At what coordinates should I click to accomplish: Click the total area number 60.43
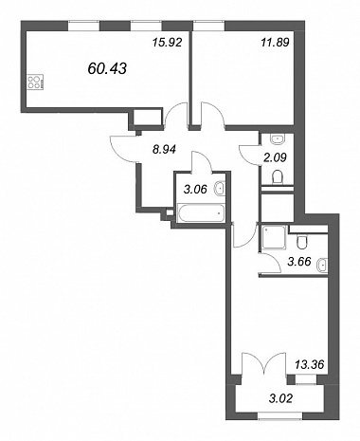[x=107, y=68]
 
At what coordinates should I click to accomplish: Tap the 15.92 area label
[x=168, y=43]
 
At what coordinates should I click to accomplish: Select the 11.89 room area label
[x=275, y=43]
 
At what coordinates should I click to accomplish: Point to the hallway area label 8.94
[x=164, y=149]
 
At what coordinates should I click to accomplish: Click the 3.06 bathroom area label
[x=195, y=190]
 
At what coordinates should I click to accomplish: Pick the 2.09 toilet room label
[x=275, y=157]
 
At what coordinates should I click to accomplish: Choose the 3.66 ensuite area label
[x=299, y=262]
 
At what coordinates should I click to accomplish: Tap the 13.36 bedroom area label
[x=310, y=364]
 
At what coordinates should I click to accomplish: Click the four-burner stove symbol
[x=35, y=83]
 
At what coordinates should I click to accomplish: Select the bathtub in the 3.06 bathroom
[x=201, y=213]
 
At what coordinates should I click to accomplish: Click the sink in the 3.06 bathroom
[x=220, y=189]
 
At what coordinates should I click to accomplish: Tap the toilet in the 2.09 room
[x=278, y=177]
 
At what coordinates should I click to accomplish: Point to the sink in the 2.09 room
[x=278, y=138]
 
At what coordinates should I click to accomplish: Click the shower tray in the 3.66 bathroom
[x=273, y=237]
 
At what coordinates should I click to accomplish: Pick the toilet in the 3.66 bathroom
[x=301, y=243]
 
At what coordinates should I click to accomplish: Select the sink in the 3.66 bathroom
[x=322, y=265]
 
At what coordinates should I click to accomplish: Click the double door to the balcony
[x=264, y=364]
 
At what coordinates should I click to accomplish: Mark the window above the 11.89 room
[x=209, y=26]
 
